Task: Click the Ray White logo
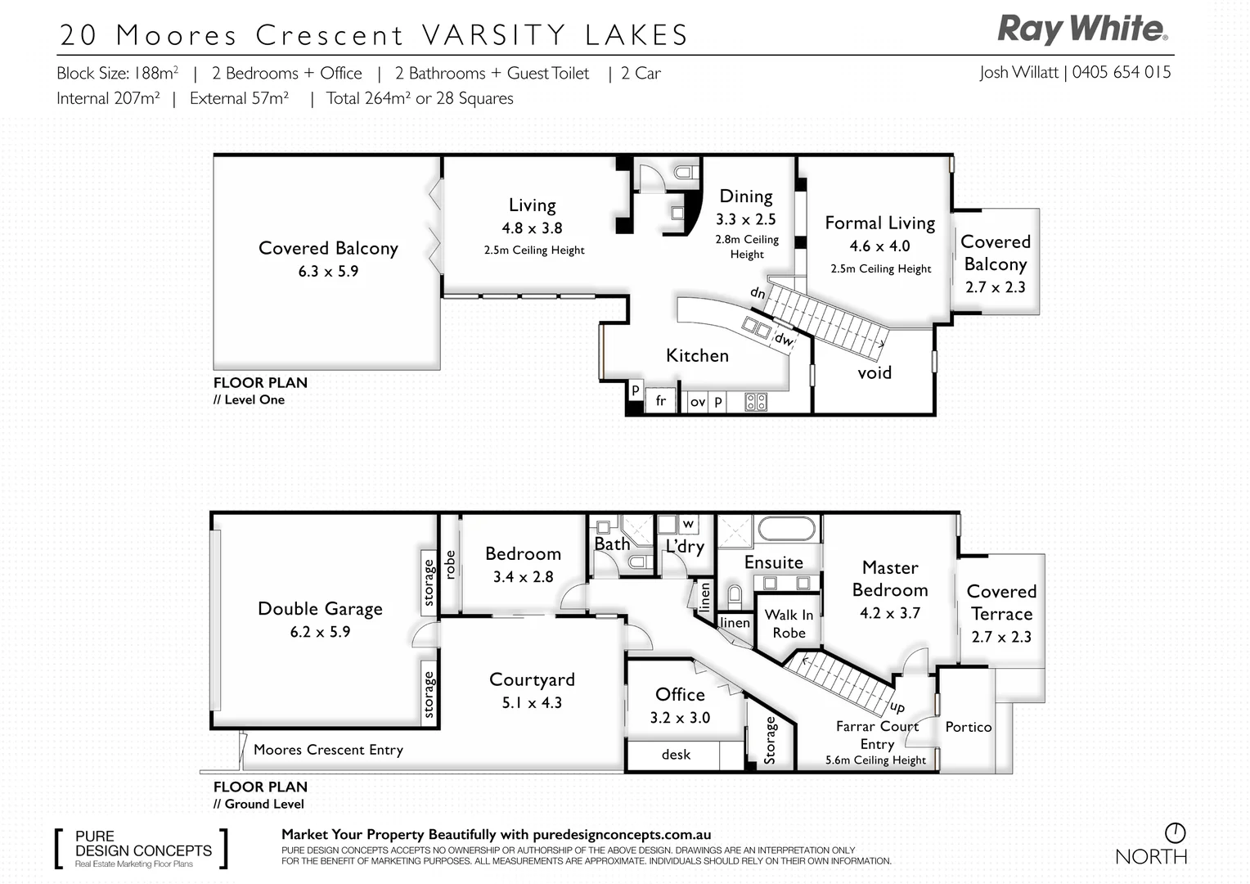(1082, 29)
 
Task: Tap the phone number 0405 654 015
(1121, 72)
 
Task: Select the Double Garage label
(320, 609)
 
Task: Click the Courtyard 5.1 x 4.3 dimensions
(532, 703)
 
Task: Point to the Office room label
(680, 695)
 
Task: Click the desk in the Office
(676, 755)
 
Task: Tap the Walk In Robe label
(789, 624)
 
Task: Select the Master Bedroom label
(890, 579)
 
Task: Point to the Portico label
(968, 727)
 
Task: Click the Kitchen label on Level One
(697, 356)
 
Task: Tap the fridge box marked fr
(660, 402)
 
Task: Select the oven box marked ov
(697, 402)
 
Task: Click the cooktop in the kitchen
(756, 402)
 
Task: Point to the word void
(874, 373)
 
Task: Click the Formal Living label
(879, 223)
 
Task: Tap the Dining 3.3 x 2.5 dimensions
(745, 219)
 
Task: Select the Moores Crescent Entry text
(328, 750)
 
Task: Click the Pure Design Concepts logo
(142, 849)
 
